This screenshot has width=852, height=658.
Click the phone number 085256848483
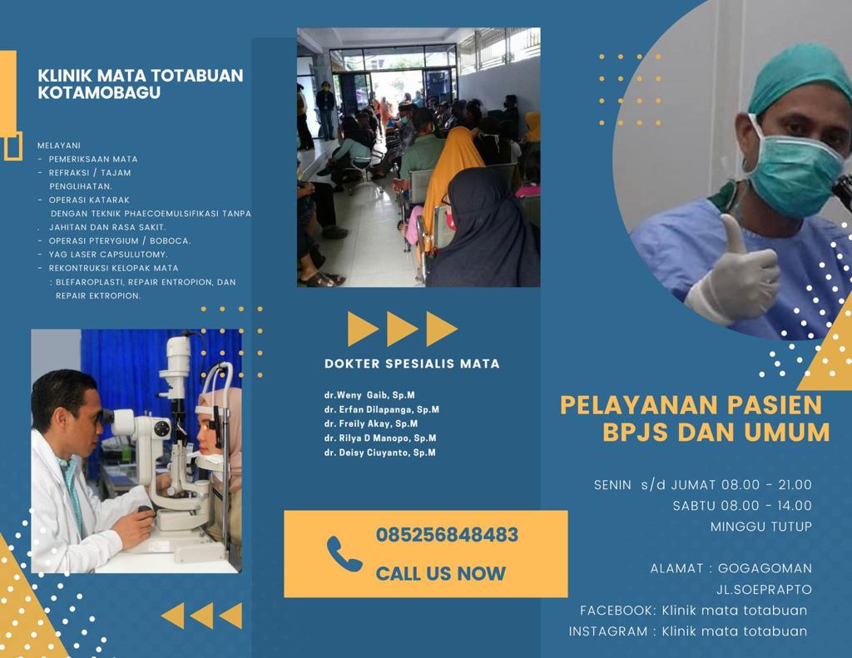pyautogui.click(x=447, y=535)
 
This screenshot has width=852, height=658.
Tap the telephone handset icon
pyautogui.click(x=344, y=554)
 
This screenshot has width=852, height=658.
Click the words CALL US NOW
pyautogui.click(x=441, y=573)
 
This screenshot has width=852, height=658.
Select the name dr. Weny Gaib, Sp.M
pyautogui.click(x=369, y=396)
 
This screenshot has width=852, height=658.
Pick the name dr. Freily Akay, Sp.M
pyautogui.click(x=371, y=423)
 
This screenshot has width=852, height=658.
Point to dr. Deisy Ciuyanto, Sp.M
pyautogui.click(x=379, y=453)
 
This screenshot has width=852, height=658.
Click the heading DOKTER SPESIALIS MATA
pyautogui.click(x=412, y=364)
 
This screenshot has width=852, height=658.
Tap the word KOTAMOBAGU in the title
pyautogui.click(x=99, y=92)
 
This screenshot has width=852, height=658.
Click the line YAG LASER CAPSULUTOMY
pyautogui.click(x=108, y=255)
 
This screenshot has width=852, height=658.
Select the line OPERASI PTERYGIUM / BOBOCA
pyautogui.click(x=120, y=240)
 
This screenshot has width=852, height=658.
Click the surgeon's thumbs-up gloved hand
pyautogui.click(x=734, y=272)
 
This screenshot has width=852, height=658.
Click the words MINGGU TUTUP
pyautogui.click(x=761, y=527)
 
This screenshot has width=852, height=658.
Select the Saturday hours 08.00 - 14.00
pyautogui.click(x=766, y=506)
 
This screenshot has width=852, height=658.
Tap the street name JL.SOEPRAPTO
pyautogui.click(x=764, y=590)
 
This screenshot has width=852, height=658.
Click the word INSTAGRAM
pyautogui.click(x=608, y=631)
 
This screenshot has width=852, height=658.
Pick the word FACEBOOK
pyautogui.click(x=618, y=611)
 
